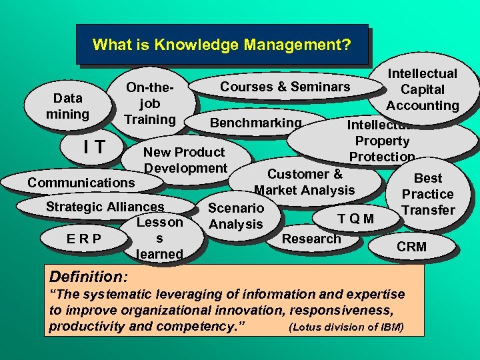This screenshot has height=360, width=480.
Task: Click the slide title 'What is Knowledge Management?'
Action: [221, 45]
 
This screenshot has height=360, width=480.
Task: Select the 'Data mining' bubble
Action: [67, 106]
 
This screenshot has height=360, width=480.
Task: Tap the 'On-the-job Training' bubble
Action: [150, 104]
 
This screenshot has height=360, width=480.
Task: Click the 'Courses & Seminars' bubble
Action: [285, 87]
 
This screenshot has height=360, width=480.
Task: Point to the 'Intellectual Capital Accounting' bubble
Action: [422, 89]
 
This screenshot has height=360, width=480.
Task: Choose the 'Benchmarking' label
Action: [255, 123]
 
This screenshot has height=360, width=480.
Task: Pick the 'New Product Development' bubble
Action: [185, 160]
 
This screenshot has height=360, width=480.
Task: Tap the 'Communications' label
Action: [81, 183]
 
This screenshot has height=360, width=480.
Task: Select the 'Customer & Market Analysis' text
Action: [305, 182]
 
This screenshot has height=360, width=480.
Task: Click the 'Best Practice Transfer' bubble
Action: [427, 194]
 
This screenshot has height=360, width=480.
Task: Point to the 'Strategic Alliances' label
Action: [105, 207]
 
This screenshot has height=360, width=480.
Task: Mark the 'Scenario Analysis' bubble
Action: [235, 216]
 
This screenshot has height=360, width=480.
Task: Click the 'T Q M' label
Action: [355, 219]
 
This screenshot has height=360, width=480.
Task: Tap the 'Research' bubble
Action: [311, 239]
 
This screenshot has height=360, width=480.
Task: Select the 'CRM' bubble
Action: [411, 247]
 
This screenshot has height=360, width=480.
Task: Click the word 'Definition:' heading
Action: [90, 275]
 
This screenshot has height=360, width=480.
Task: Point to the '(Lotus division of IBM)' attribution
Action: [346, 327]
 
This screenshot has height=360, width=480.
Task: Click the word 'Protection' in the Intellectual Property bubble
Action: [382, 157]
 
